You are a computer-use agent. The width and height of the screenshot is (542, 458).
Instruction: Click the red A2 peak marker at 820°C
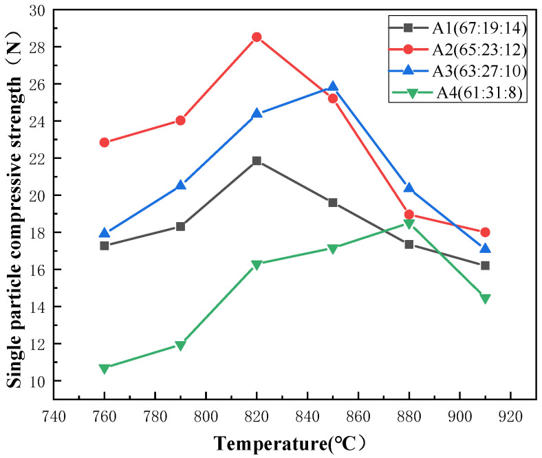coord(257,37)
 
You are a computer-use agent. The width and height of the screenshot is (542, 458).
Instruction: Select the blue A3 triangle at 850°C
coord(333,87)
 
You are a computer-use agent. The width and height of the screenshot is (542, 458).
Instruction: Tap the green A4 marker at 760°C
coord(105,369)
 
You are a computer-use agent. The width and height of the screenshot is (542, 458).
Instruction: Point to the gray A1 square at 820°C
coord(257,160)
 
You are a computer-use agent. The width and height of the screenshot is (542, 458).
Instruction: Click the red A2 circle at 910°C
coord(485,232)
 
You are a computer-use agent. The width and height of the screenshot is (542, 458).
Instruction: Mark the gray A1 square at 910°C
coord(485,265)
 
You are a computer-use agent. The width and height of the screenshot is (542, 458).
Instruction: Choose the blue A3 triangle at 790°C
coord(181,185)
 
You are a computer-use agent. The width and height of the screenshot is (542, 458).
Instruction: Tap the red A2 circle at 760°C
coord(105,142)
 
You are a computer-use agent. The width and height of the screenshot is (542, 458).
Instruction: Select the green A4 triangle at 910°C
coord(485,298)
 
